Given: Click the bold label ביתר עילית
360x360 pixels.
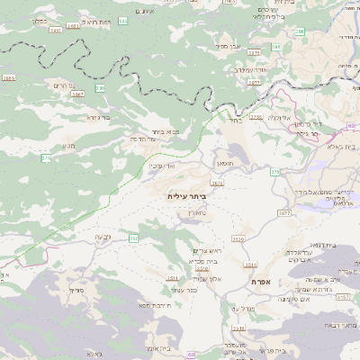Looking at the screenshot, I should click(x=186, y=195).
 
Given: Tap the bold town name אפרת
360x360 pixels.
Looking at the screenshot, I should click(x=275, y=283).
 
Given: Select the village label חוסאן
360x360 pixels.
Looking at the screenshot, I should click(x=225, y=163).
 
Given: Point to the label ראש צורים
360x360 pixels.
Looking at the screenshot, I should click(x=207, y=250).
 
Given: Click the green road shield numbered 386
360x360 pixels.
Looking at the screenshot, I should click(x=100, y=88).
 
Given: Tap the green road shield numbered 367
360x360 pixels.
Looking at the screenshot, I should click(x=133, y=238).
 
